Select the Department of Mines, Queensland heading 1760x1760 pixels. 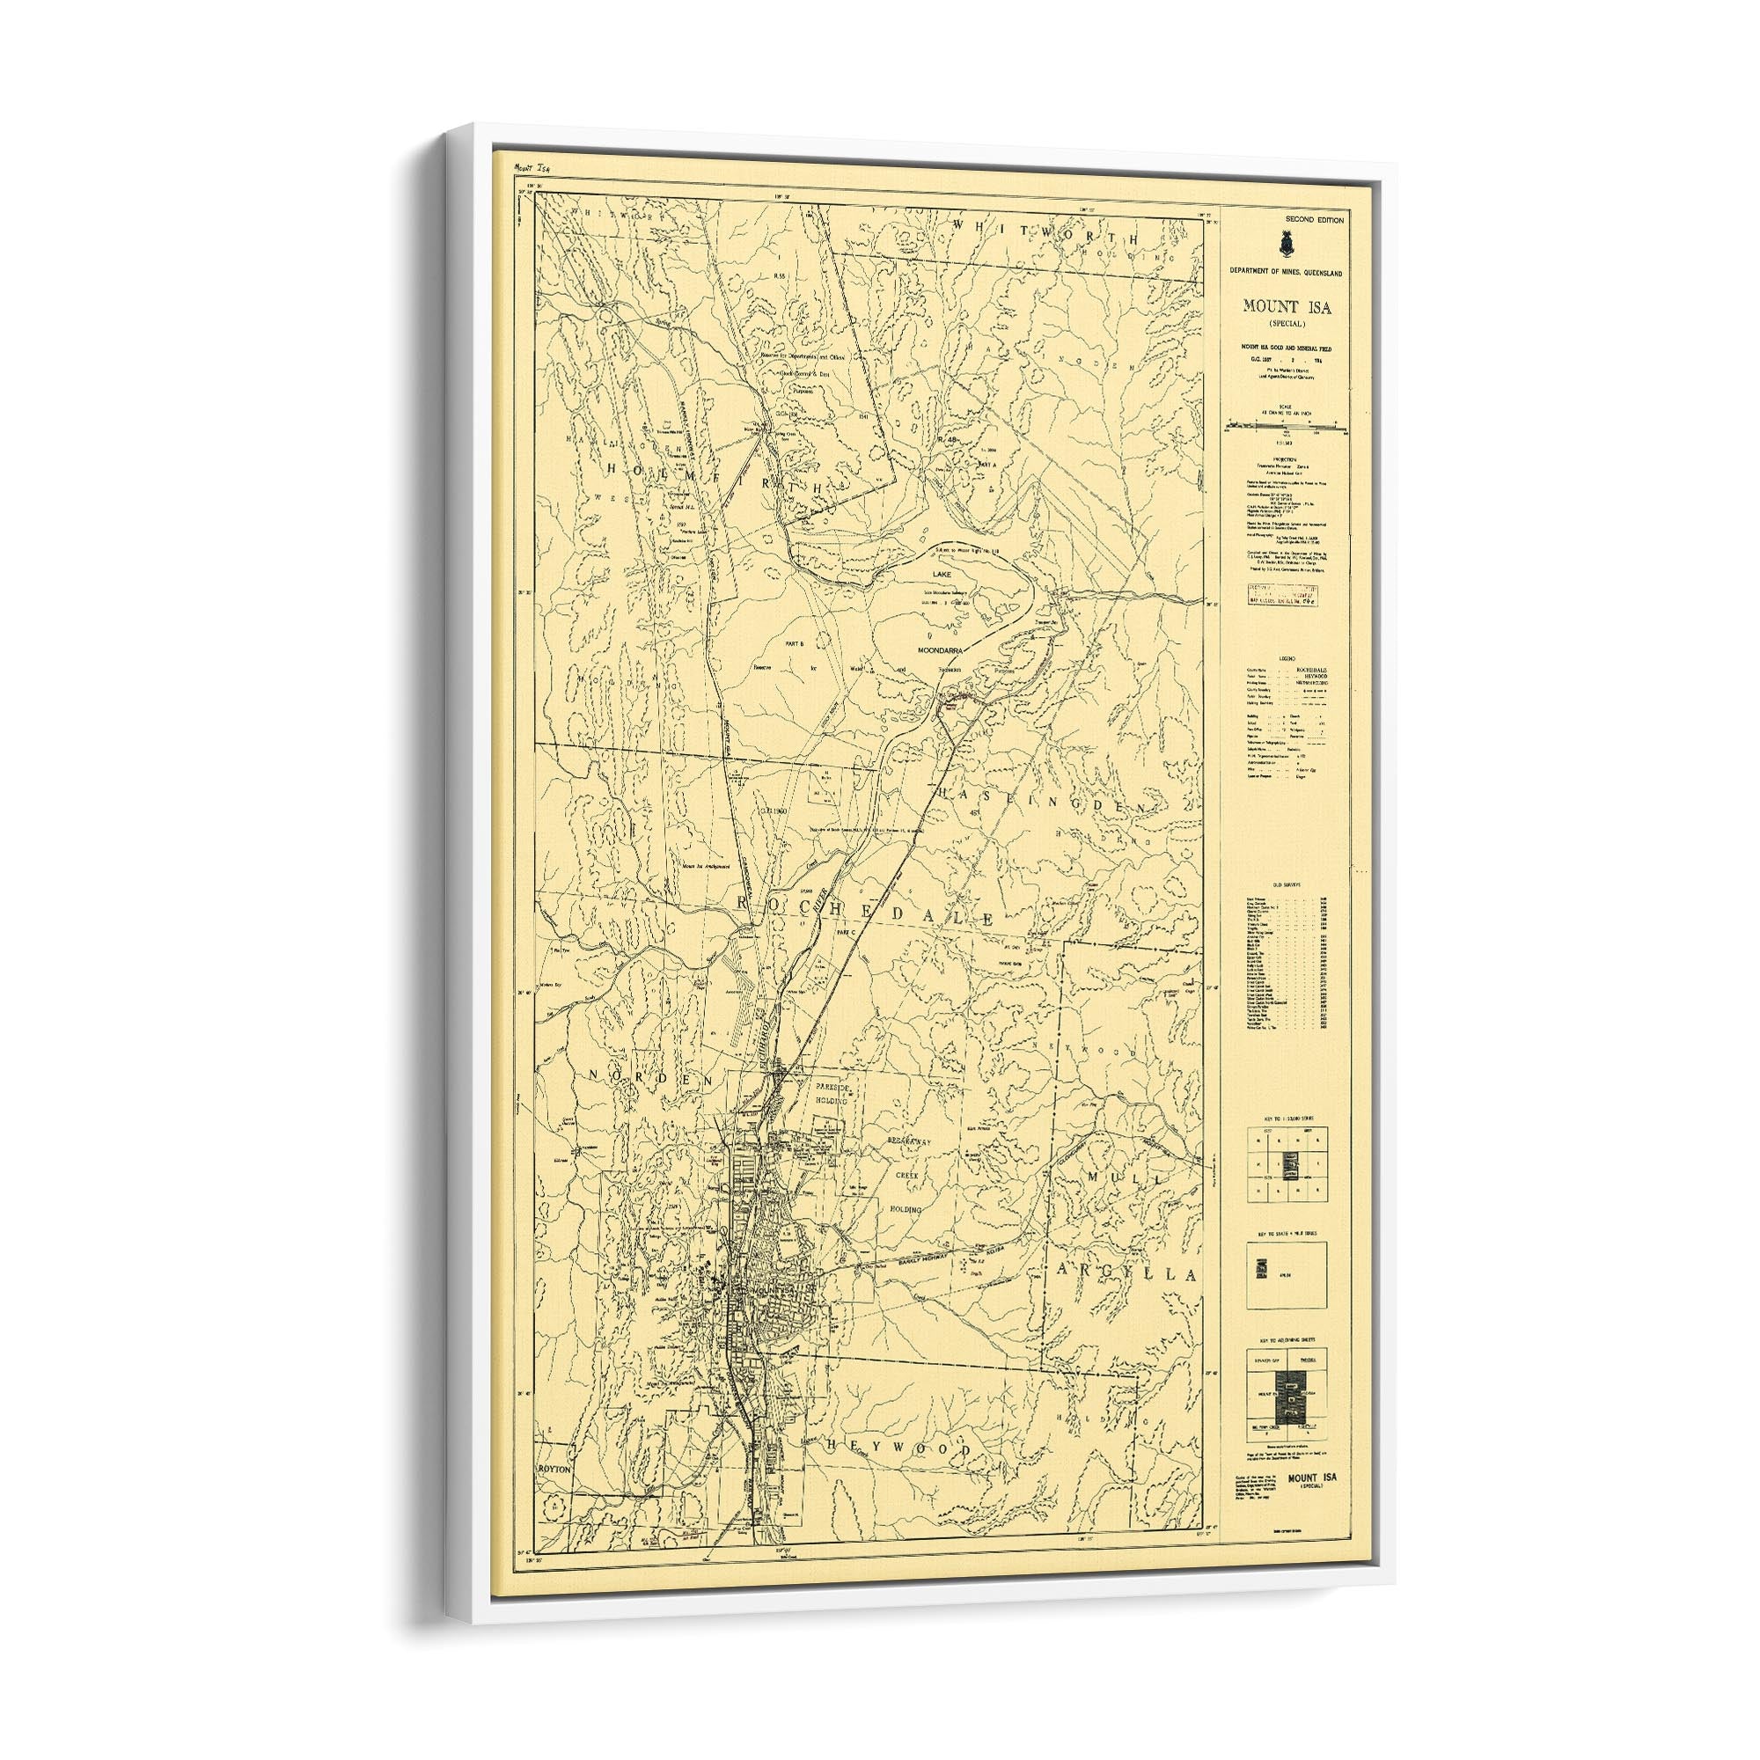click(x=1292, y=273)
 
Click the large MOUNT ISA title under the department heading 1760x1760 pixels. click(x=1287, y=307)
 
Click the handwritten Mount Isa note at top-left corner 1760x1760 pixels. click(x=532, y=170)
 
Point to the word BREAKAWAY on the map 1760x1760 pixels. click(x=907, y=1140)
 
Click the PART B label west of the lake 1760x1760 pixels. click(x=797, y=643)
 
